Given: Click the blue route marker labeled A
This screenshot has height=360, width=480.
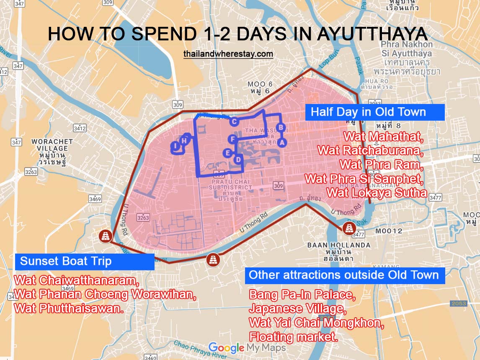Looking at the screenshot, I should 282,142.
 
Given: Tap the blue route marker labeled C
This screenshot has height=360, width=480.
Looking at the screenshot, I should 234,122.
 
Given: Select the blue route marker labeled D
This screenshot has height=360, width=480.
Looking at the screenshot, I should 237,159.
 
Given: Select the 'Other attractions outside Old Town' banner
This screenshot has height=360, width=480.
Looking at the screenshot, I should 343,275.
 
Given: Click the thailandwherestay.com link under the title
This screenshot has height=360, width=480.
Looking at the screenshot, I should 228,54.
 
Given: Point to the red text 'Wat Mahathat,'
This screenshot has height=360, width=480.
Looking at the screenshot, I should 384,137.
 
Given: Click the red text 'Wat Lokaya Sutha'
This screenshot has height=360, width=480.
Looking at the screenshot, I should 377,193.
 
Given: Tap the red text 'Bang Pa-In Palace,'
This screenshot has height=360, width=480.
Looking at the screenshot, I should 302,295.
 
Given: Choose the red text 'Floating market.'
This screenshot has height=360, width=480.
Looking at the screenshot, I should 293,336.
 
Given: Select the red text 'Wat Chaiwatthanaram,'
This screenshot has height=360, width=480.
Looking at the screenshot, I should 76,280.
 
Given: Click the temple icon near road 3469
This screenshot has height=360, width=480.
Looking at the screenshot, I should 106,236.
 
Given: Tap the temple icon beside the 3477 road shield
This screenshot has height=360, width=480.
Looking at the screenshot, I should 349,228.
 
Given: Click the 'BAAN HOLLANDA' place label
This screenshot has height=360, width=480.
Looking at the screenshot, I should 338,245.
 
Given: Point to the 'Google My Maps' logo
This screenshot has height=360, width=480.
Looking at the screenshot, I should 247,347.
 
